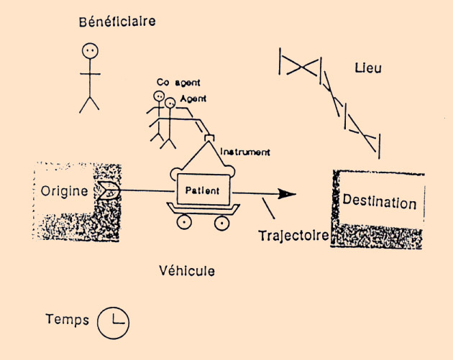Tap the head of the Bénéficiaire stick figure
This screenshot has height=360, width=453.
pos(90,51)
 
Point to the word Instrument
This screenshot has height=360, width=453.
pos(245,152)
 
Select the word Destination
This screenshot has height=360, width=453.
pos(379,203)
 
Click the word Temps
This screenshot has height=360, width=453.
pos(67,320)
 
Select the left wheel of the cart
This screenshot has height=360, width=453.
pos(183,221)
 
